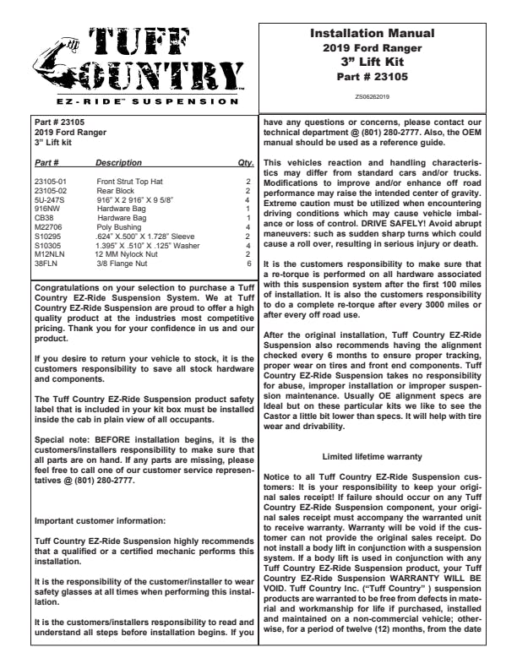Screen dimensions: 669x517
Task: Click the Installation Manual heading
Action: coord(373,34)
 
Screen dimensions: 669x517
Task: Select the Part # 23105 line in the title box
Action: coord(373,77)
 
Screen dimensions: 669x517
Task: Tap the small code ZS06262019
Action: coord(373,97)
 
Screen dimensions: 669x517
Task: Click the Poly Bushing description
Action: coord(117,226)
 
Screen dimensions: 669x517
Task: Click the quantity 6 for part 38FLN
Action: coord(248,263)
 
